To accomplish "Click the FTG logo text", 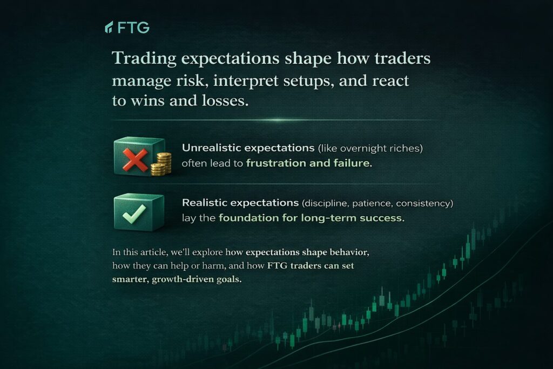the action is coord(134,27).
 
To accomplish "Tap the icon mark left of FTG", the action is coord(109,27).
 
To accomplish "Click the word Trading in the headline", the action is coord(144,58).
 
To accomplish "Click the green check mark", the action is coord(134,214).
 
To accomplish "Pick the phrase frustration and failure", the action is coord(309,163).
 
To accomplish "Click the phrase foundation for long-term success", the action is coord(312,218).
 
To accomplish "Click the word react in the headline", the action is coord(390,81).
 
